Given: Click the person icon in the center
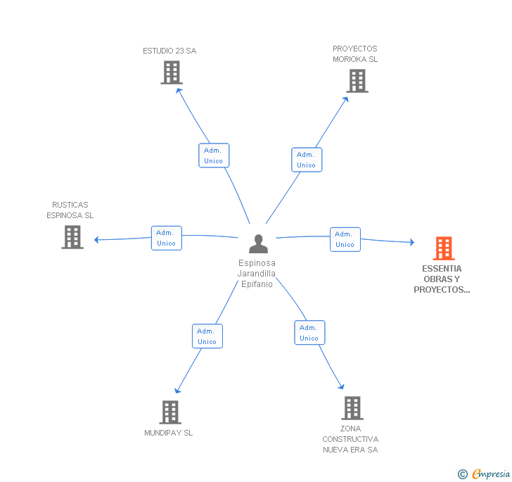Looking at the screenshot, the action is tap(258, 243).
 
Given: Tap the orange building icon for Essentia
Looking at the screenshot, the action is tap(444, 248).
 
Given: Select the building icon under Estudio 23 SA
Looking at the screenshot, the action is tap(172, 72).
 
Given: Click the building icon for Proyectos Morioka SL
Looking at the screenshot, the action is tap(357, 81).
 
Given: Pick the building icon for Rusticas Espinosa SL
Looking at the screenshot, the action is tap(72, 237).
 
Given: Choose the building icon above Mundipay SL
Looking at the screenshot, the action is tap(170, 412).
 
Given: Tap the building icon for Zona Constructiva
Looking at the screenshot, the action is tap(352, 408).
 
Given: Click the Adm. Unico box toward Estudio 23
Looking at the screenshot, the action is tap(214, 156).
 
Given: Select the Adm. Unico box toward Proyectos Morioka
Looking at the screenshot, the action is tap(307, 160).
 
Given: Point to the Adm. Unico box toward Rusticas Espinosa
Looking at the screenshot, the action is tap(167, 239).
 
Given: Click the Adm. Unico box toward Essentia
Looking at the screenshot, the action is tap(345, 239).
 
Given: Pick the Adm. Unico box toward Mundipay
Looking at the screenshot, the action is tap(207, 336).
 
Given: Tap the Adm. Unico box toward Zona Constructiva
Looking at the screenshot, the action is tap(309, 333).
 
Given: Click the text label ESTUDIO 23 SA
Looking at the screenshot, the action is tap(169, 51).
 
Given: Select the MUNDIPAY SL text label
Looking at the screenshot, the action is tap(169, 433).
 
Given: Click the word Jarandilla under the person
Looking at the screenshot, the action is tap(256, 274).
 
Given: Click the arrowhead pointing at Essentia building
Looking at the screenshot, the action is tap(412, 242).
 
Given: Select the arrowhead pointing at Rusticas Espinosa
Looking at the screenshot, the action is tap(96, 240).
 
